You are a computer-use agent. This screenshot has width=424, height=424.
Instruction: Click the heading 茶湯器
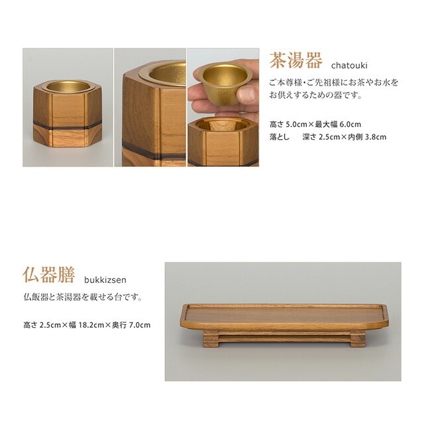[x=296, y=60]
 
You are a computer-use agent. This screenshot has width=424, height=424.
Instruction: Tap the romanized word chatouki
[x=349, y=65]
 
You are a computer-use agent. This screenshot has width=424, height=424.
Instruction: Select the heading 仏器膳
[x=48, y=274]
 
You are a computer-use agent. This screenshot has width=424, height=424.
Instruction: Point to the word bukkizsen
[x=105, y=280]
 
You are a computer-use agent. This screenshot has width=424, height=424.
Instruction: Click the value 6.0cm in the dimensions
[x=350, y=125]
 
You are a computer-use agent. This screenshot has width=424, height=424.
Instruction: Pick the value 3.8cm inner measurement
[x=376, y=137]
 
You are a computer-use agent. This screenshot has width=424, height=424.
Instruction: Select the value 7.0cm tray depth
[x=140, y=325]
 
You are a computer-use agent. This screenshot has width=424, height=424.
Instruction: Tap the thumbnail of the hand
[x=223, y=107]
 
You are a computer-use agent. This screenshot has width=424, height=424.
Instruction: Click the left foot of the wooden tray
[x=211, y=339]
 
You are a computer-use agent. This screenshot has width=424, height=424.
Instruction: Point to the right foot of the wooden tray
[x=358, y=339]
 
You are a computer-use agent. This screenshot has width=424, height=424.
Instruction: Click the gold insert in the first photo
[x=68, y=86]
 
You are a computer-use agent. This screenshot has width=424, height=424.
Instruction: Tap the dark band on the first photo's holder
[x=68, y=125]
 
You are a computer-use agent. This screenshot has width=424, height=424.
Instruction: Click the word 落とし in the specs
[x=280, y=137]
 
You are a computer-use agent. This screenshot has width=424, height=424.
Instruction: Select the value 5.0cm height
[x=297, y=125]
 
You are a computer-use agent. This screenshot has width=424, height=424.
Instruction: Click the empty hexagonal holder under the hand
[x=223, y=142]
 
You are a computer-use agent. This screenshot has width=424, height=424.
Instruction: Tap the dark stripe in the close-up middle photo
[x=154, y=152]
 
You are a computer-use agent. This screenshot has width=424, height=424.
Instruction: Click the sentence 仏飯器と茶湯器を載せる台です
[x=83, y=297]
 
